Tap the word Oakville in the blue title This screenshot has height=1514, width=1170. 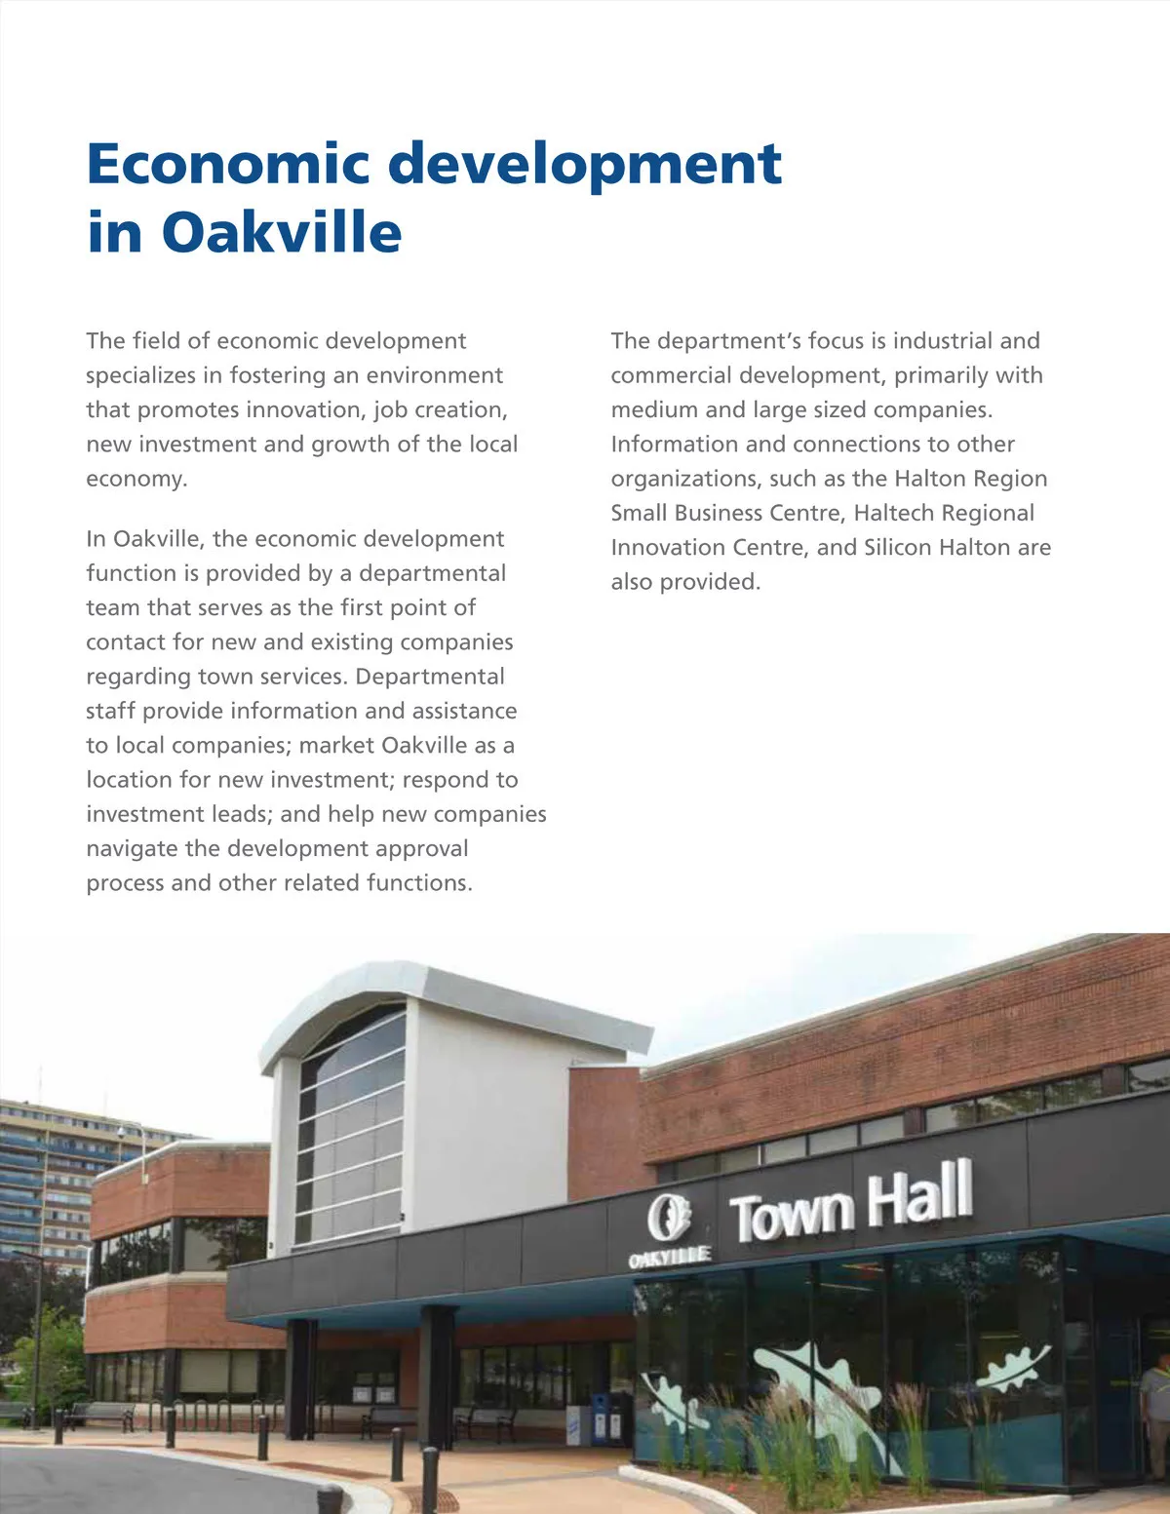coord(281,232)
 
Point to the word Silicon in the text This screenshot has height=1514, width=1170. coord(897,547)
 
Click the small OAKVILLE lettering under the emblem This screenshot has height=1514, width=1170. coord(669,1259)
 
